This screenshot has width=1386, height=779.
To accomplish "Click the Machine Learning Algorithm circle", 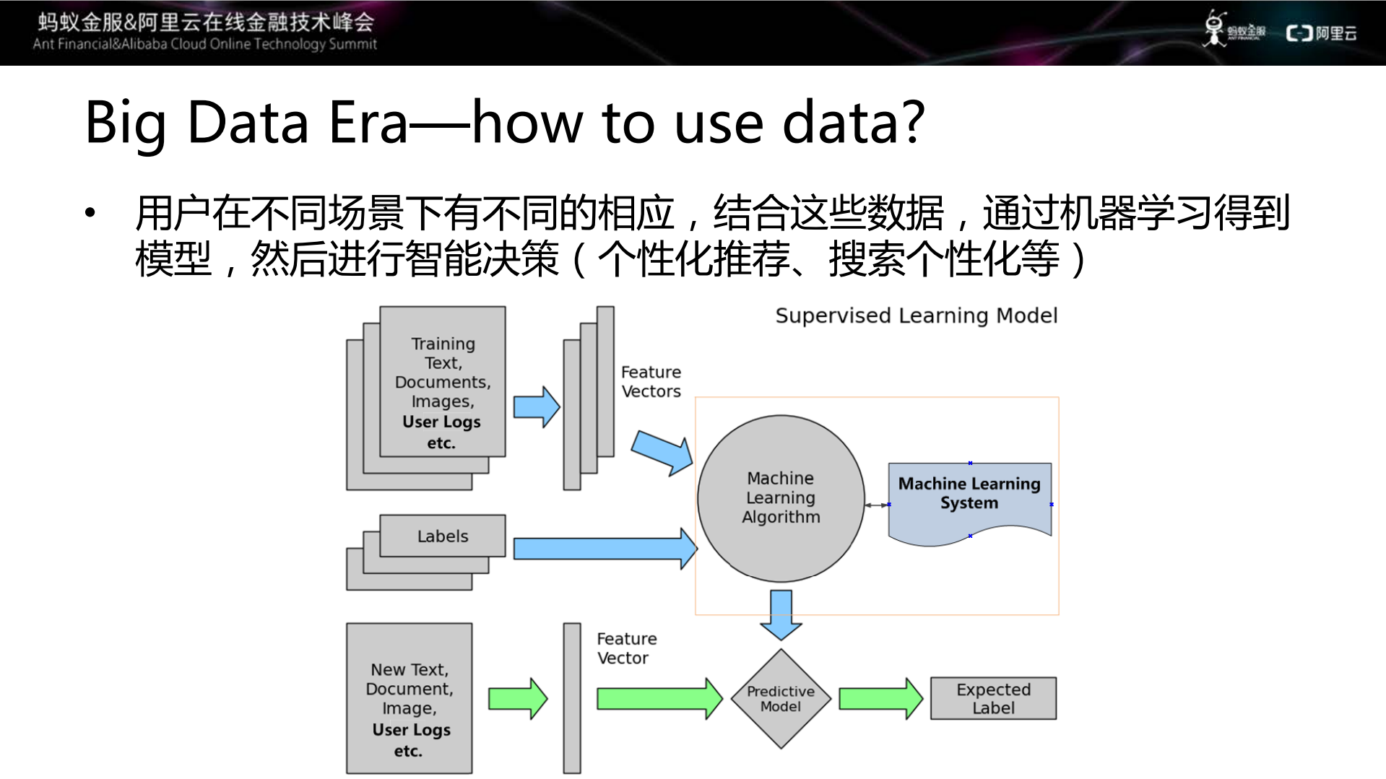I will point(780,498).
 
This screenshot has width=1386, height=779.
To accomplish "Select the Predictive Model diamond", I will point(780,698).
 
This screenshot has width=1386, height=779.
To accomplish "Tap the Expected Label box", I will point(993,698).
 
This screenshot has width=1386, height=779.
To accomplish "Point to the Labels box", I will point(442,536).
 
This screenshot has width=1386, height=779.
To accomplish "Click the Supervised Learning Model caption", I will point(916,315).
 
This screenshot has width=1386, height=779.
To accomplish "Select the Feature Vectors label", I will point(651,381).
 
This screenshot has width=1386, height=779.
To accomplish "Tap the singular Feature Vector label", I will point(626,648).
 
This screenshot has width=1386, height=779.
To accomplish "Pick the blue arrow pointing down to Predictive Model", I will point(781,614).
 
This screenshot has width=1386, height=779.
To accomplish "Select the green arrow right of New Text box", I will point(517,698).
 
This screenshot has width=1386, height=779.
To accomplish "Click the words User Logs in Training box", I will point(441,422).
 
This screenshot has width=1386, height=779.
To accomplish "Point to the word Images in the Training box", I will point(442,401).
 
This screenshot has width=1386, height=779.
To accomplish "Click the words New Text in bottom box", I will point(409,670).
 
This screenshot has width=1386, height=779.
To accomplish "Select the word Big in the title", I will point(125,123).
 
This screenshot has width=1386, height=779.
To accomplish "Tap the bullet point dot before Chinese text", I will point(90,213).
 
